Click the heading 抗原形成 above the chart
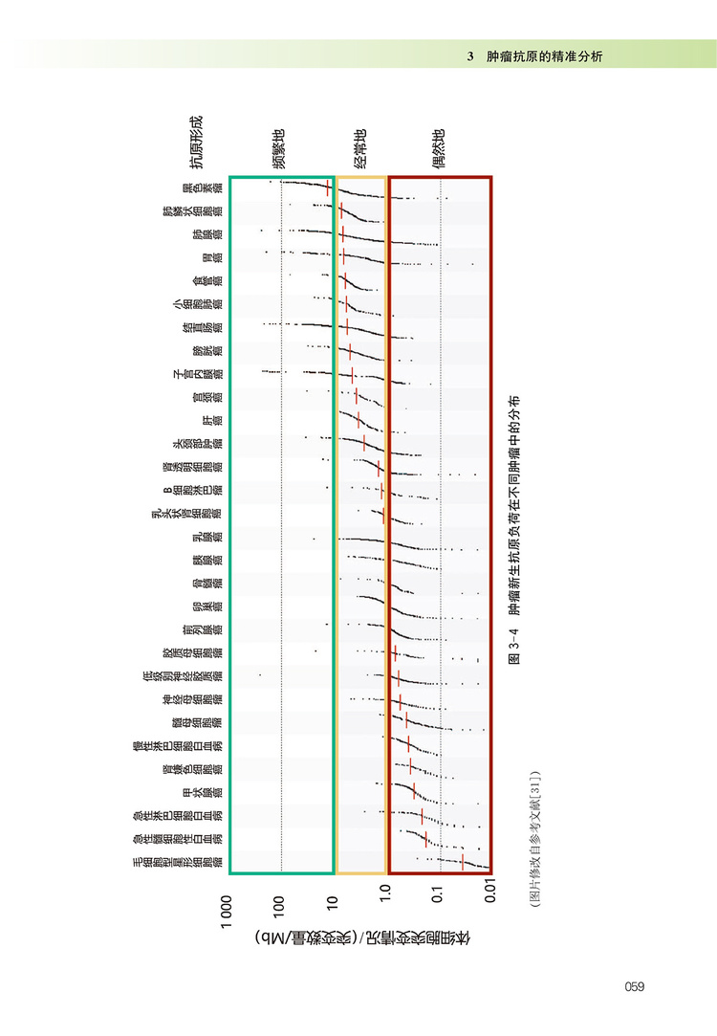196,143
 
